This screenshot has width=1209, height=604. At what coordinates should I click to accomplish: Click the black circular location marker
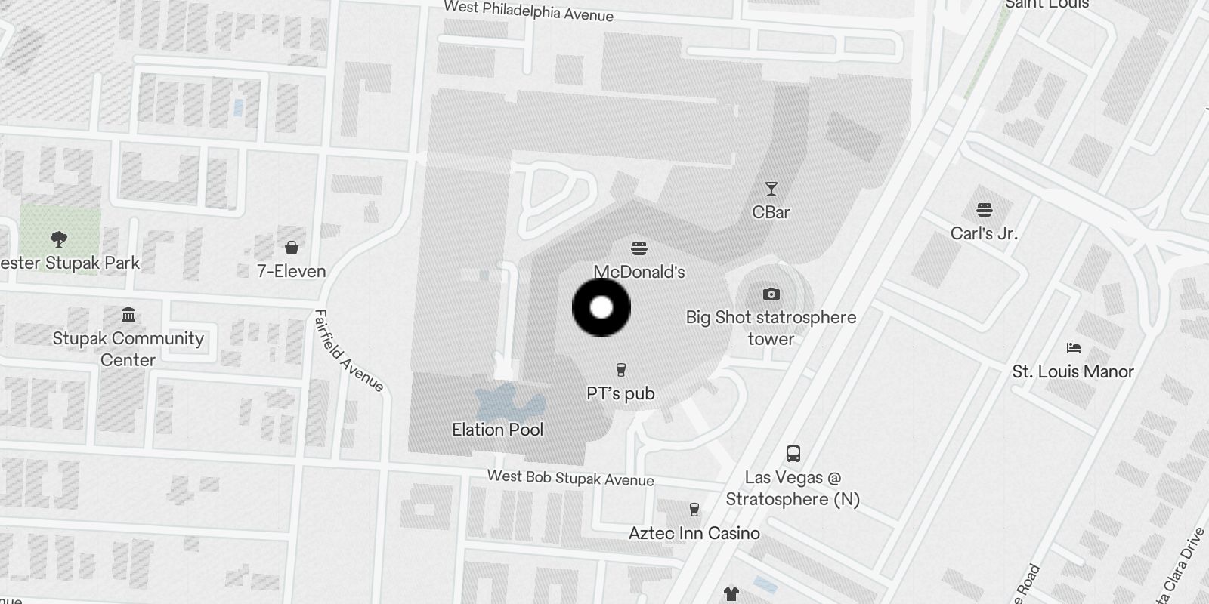point(601,307)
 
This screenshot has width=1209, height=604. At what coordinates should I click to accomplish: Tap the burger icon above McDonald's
point(639,248)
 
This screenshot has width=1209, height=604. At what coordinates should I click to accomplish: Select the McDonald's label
point(639,272)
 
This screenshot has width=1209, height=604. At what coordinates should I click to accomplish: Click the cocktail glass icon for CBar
point(771,189)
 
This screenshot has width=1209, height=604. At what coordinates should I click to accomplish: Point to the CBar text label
point(771,212)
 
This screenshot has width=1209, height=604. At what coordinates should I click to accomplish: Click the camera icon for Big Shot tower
point(771,294)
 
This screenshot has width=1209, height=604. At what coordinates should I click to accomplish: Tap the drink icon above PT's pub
point(621,370)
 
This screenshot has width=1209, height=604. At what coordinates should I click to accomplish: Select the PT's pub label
point(621,393)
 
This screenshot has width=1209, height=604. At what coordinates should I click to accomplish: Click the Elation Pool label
point(498,430)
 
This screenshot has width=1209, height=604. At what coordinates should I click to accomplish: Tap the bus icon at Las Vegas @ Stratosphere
point(793,454)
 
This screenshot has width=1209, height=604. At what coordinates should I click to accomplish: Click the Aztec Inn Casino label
point(694,533)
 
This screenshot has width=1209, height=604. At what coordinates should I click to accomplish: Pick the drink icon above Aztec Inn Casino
point(694,510)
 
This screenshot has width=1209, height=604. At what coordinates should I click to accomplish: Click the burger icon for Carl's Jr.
point(984,210)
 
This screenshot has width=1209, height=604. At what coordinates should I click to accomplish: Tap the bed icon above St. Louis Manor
point(1073,348)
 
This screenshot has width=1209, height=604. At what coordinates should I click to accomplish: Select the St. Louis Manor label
point(1073,371)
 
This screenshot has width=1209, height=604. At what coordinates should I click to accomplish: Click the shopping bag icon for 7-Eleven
point(292,248)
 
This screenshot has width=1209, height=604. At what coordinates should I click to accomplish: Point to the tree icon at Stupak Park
point(58,240)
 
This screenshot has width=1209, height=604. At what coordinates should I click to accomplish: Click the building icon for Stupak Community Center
point(128,315)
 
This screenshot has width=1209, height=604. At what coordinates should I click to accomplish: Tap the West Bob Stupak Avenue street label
point(570,477)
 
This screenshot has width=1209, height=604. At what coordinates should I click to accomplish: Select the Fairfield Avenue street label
point(348,351)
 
